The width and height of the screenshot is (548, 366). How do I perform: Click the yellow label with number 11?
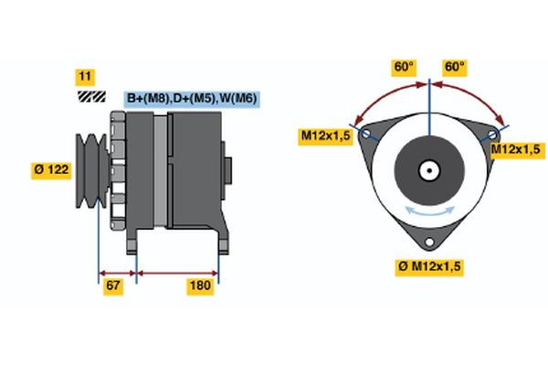click(x=85, y=77)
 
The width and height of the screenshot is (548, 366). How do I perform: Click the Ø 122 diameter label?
click(x=50, y=169)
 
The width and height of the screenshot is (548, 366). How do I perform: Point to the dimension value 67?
click(x=113, y=286)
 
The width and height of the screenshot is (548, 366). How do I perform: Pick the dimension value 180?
click(x=199, y=286)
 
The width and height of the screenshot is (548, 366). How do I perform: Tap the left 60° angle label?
click(x=404, y=67)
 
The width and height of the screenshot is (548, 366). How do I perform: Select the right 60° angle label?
click(x=454, y=67)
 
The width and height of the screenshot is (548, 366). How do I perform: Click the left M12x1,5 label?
click(x=327, y=136)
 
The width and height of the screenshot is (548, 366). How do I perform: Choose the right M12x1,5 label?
click(x=517, y=148)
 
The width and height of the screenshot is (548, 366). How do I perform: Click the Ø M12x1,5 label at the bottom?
click(x=429, y=266)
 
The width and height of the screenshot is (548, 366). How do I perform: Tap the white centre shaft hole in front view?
click(x=428, y=169)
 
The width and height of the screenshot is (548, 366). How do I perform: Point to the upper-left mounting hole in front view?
click(x=366, y=134)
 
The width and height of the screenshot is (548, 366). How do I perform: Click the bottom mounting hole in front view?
click(x=429, y=242)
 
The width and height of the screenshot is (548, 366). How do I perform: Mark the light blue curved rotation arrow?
click(x=429, y=211)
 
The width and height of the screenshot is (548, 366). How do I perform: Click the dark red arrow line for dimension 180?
click(x=177, y=272)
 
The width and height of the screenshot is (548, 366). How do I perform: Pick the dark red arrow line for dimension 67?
click(x=117, y=272)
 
